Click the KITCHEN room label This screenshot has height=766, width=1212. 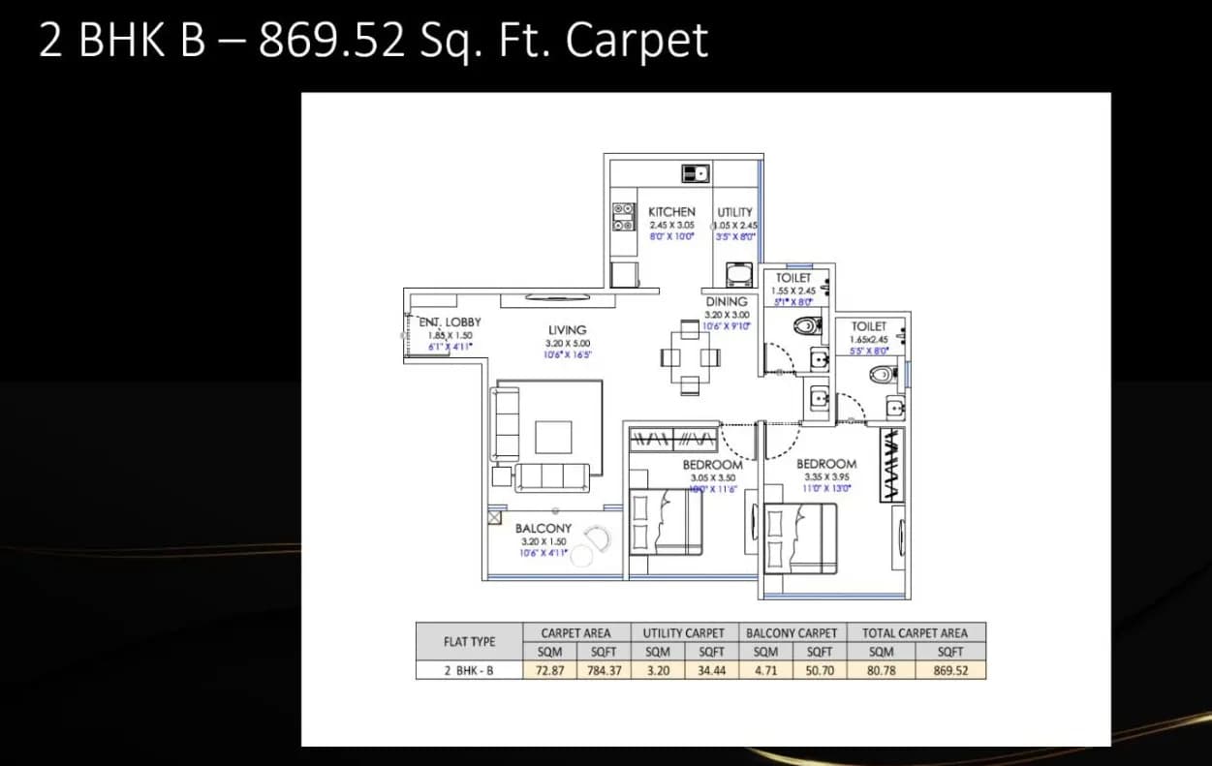[671, 211]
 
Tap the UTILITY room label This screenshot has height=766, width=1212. [734, 212]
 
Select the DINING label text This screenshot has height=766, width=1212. [726, 301]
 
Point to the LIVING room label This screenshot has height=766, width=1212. [567, 330]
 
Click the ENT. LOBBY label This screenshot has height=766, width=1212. [450, 322]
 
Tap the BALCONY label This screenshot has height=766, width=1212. [544, 529]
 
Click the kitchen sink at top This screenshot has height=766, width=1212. [696, 173]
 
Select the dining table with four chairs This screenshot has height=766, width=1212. [691, 357]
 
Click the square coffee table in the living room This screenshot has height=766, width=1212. [553, 437]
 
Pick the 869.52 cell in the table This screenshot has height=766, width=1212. [950, 669]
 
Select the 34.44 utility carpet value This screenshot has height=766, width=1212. [711, 669]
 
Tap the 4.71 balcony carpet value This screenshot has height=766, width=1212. [765, 669]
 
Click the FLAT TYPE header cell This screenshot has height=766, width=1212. [469, 641]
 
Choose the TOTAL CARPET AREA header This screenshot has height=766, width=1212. [915, 632]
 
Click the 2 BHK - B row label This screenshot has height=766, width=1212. [469, 669]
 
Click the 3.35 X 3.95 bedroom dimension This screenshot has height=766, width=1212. [826, 476]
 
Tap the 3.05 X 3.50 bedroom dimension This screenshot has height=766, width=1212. [712, 477]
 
